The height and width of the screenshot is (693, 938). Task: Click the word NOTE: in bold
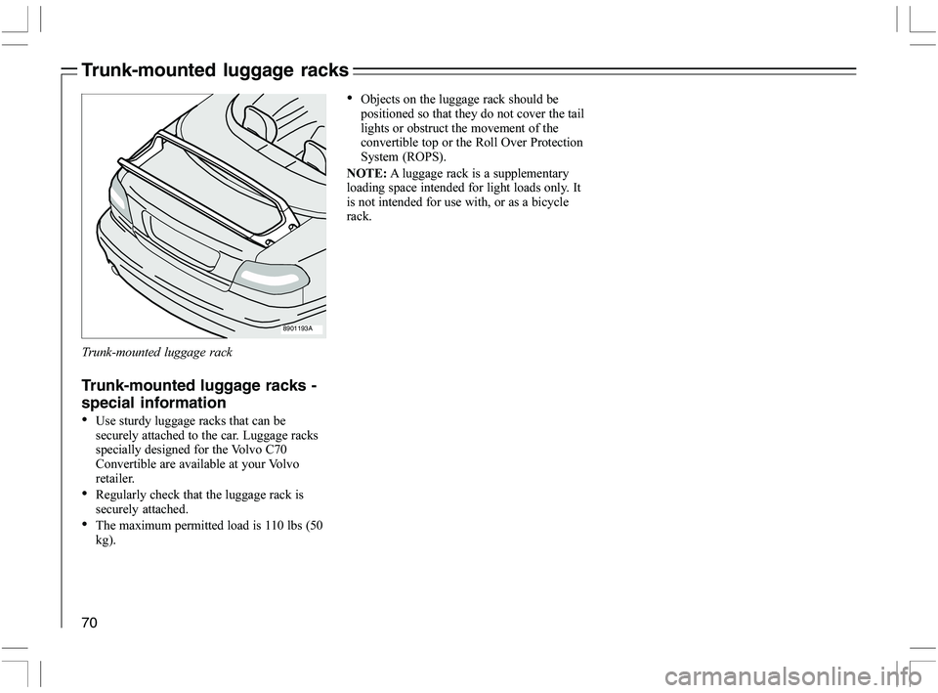[x=366, y=173]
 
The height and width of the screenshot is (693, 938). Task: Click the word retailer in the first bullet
[x=115, y=478]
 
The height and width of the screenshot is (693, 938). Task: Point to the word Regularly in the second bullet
[x=124, y=495]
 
